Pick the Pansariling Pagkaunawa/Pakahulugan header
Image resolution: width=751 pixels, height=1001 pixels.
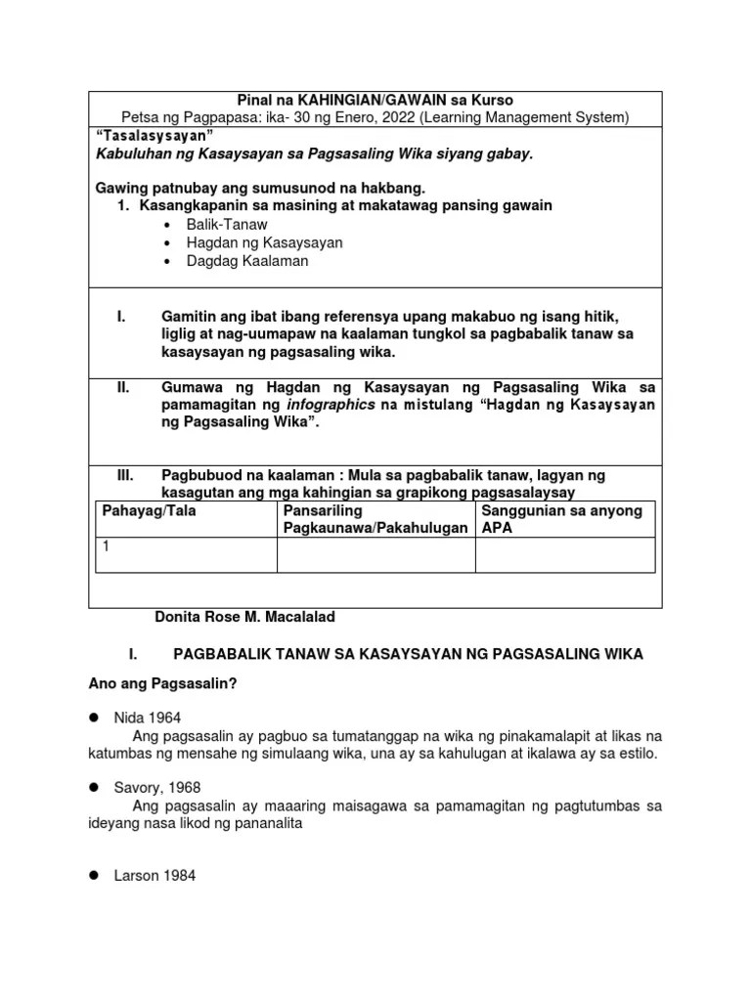(x=375, y=519)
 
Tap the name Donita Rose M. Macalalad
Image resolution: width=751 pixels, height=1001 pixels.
(x=245, y=617)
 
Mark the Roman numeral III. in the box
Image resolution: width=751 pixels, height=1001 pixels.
(x=125, y=475)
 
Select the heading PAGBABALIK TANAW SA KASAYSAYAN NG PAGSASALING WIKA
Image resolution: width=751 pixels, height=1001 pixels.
(x=408, y=654)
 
